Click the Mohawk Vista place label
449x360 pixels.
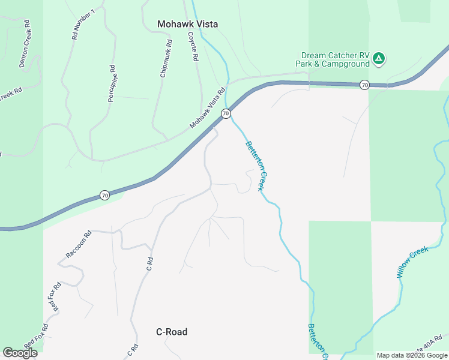(x=187, y=24)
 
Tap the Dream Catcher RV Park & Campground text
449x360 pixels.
(x=335, y=59)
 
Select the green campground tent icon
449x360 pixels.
(x=378, y=58)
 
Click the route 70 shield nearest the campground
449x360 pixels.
(x=364, y=85)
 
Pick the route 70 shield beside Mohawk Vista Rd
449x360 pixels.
(x=226, y=113)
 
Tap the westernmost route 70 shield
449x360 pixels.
(x=104, y=195)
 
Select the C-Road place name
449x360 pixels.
(x=172, y=332)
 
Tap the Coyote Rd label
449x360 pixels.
(x=193, y=48)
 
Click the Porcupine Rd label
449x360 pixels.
(x=111, y=83)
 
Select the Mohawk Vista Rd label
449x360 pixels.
(x=207, y=107)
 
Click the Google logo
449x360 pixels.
(x=20, y=352)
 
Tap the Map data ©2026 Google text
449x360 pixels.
(x=412, y=355)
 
